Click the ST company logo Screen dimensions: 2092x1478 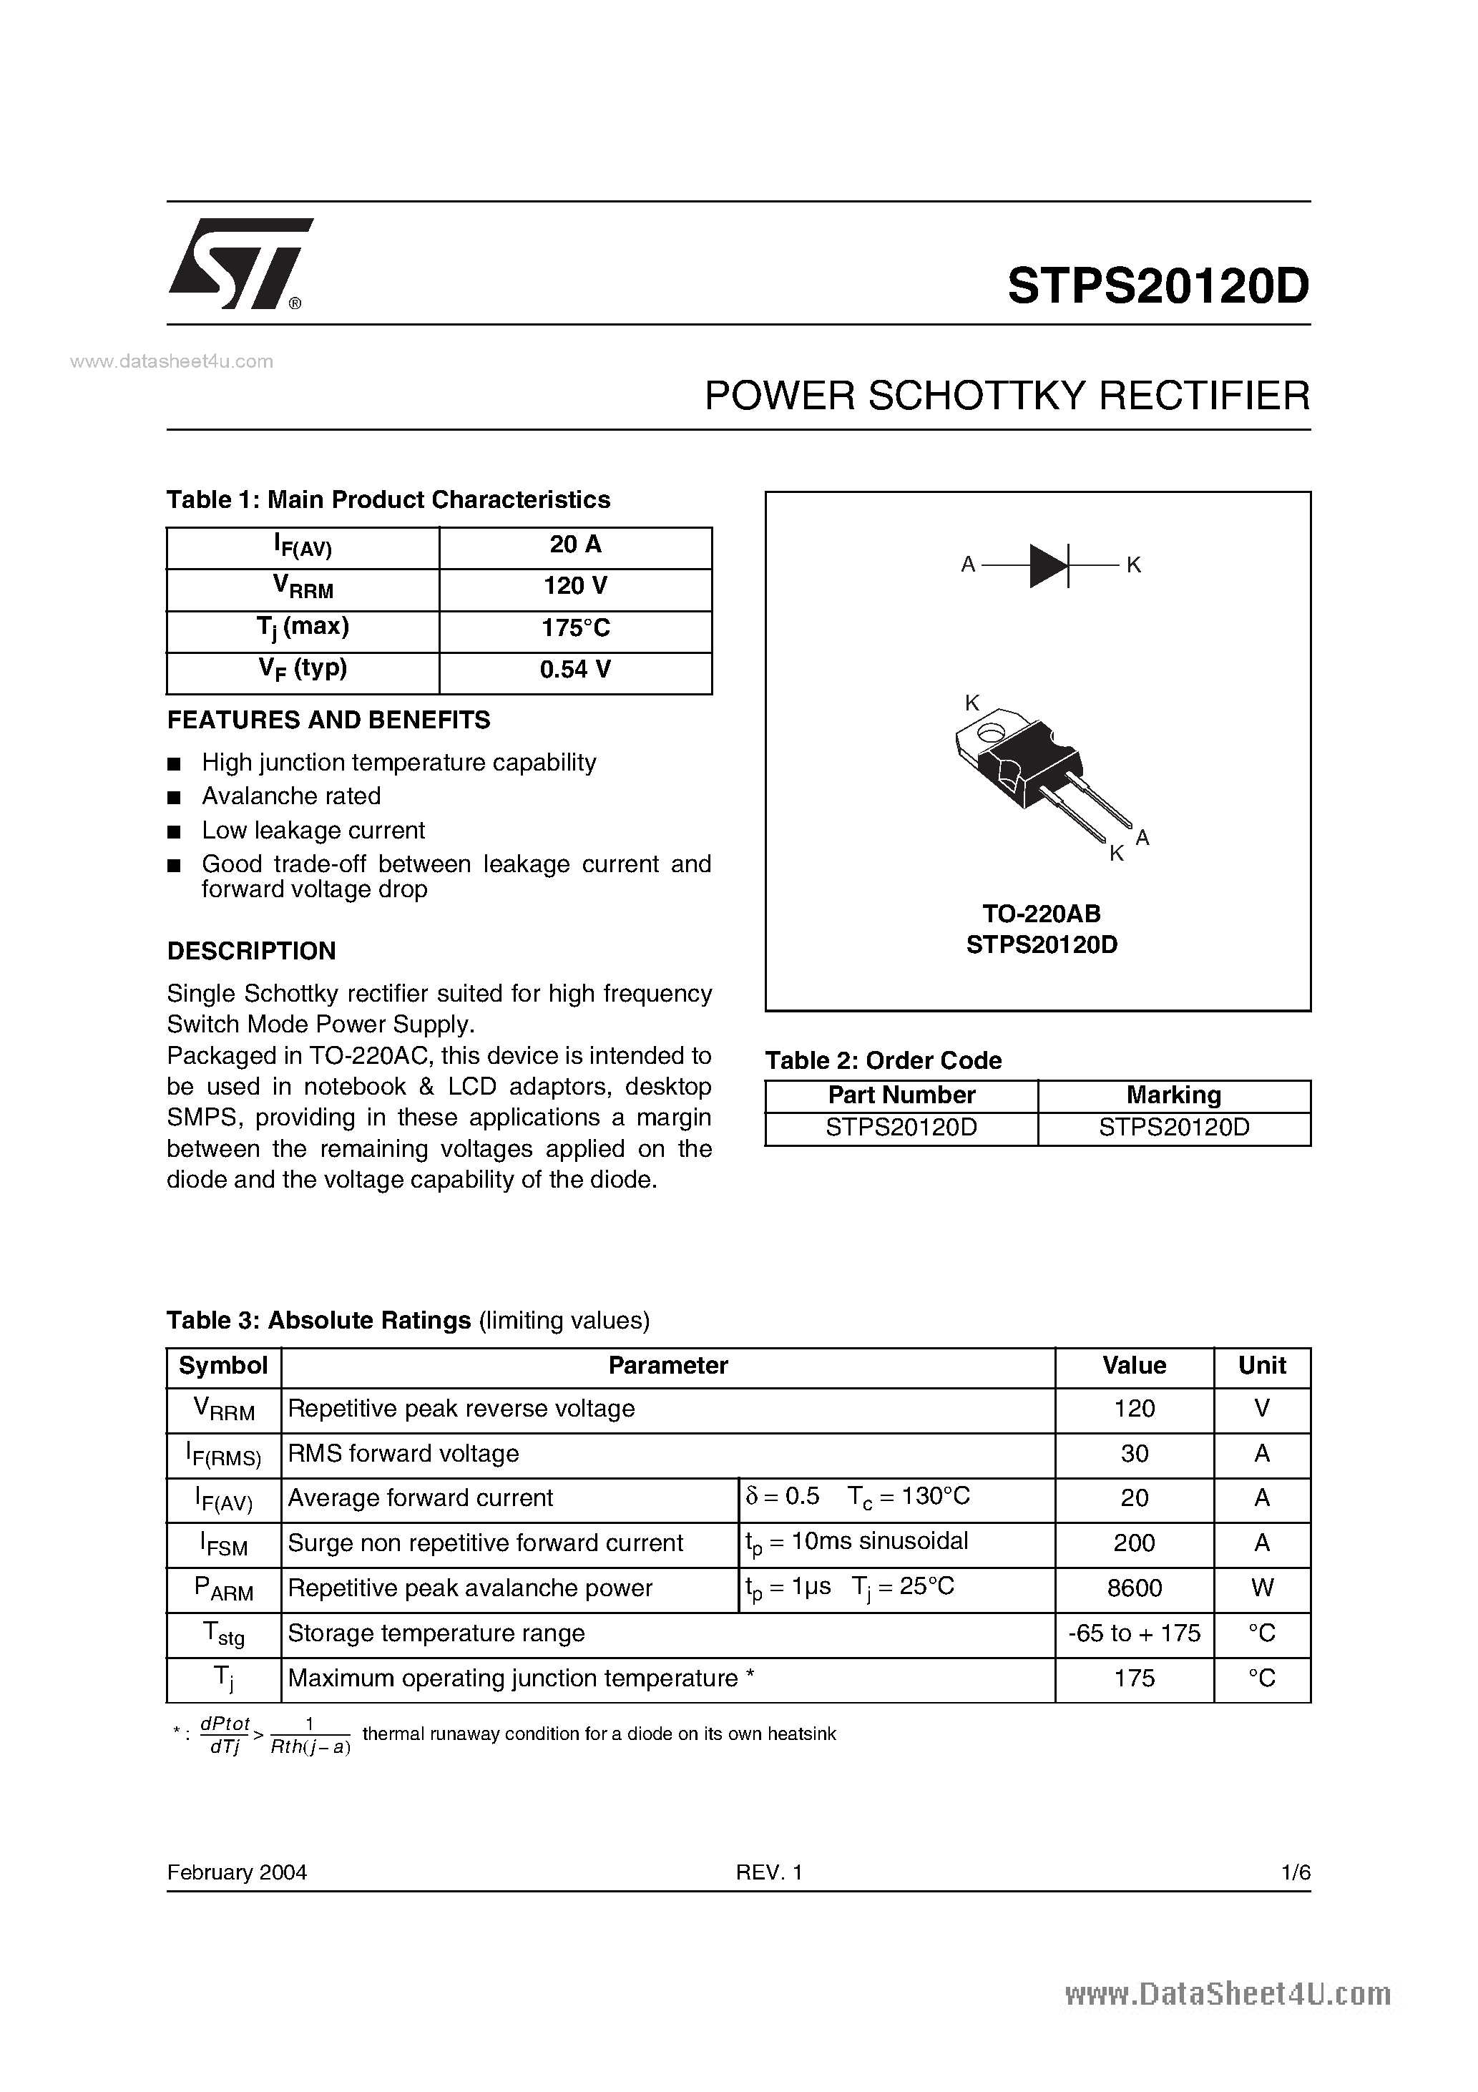coord(239,264)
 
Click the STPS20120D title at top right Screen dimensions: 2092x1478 coord(1158,286)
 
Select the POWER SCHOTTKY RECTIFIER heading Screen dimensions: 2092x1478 coord(1007,396)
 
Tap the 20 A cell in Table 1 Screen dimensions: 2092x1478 coord(575,545)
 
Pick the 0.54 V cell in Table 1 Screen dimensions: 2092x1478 coord(575,670)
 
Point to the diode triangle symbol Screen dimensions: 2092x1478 coord(1048,565)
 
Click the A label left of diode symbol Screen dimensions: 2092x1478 coord(968,565)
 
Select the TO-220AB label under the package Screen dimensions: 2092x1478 coord(1042,913)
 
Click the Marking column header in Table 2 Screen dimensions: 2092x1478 coord(1174,1095)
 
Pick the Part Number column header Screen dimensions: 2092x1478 coord(901,1095)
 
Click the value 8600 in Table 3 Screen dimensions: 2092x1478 coord(1135,1588)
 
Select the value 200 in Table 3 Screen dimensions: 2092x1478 coord(1135,1543)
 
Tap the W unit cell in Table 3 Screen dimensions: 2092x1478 coord(1262,1588)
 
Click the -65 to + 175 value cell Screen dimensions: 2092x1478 coord(1135,1633)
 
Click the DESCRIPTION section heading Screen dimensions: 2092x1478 coord(252,952)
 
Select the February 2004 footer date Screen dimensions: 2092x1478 coord(237,1872)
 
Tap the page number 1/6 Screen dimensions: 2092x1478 coord(1295,1872)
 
